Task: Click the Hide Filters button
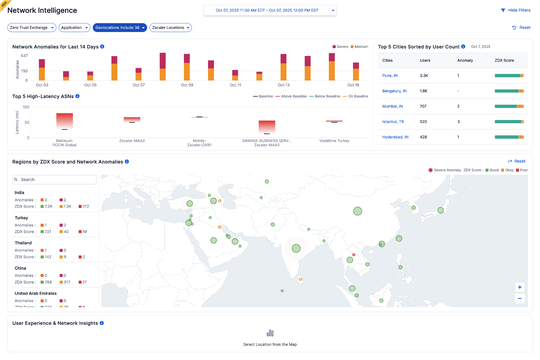click(x=516, y=10)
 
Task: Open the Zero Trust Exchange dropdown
click(x=31, y=27)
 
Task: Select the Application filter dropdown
click(x=74, y=27)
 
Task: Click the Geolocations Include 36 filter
click(x=120, y=27)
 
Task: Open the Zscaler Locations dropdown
click(x=171, y=27)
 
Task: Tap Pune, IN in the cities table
click(x=389, y=75)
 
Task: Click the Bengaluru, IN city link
click(x=394, y=90)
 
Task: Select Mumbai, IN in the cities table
click(x=392, y=105)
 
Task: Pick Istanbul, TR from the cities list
click(x=392, y=121)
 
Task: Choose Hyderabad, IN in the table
click(x=395, y=136)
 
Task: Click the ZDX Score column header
click(x=504, y=60)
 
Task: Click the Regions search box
click(x=54, y=180)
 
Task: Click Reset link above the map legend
click(x=517, y=161)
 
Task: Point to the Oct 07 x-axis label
click(x=138, y=85)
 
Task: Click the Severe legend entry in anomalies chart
click(x=339, y=46)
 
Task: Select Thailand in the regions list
click(x=22, y=242)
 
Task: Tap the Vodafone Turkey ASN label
click(x=335, y=140)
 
